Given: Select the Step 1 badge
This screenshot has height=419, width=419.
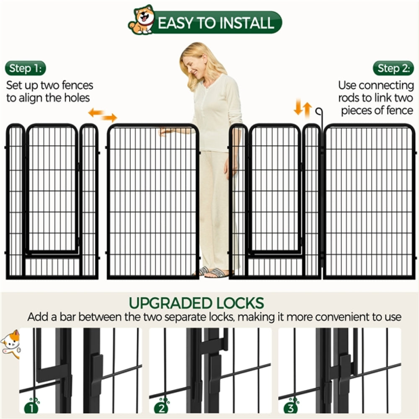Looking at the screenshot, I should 26,68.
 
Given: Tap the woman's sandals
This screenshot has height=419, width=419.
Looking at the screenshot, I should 214,272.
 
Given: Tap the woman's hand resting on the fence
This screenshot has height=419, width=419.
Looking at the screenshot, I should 165,132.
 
